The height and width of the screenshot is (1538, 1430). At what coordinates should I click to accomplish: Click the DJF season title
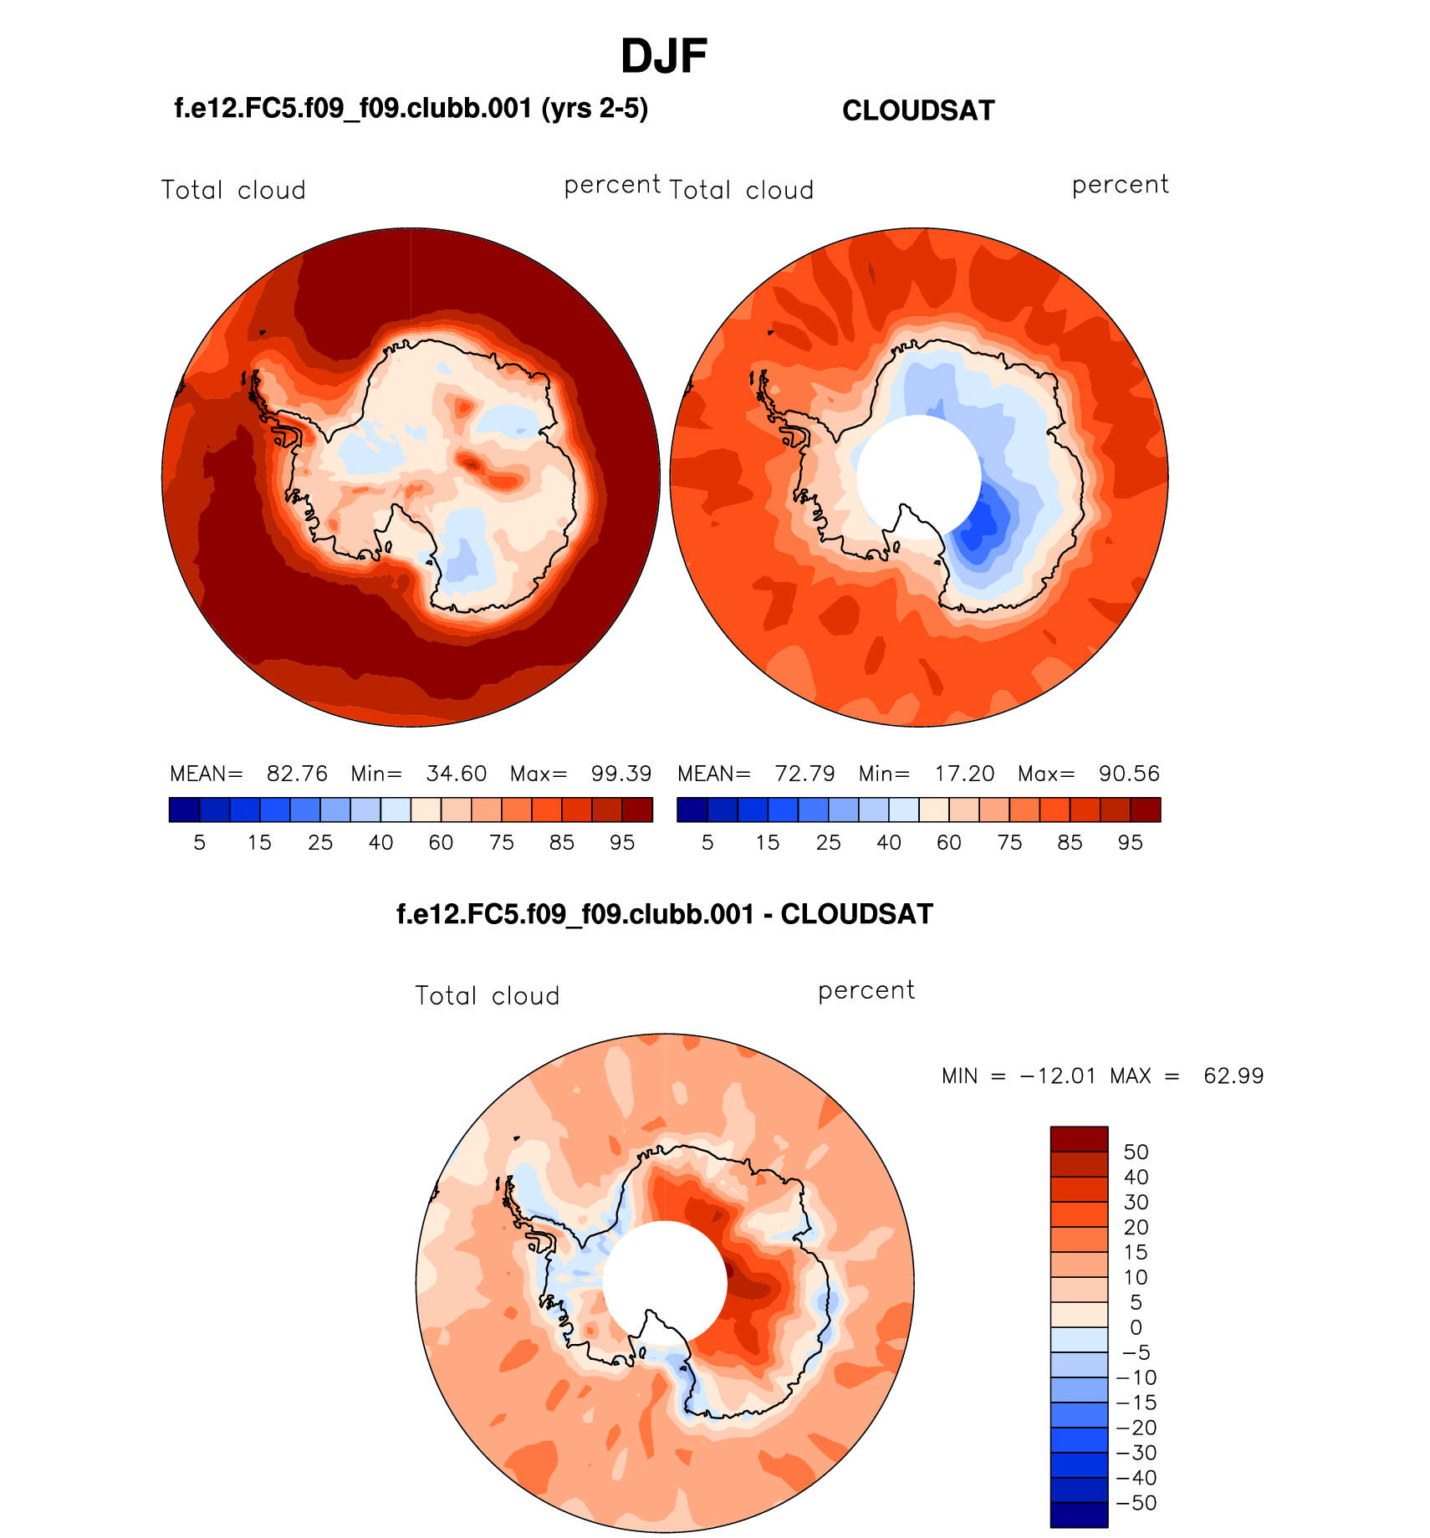tap(664, 57)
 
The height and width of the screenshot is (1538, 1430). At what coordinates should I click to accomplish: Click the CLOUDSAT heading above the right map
tap(918, 111)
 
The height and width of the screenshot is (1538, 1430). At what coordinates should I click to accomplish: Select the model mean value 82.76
tap(297, 774)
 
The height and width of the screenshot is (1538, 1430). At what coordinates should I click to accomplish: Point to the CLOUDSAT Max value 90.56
tap(1129, 774)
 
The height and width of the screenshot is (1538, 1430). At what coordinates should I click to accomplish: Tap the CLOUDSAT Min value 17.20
tap(964, 774)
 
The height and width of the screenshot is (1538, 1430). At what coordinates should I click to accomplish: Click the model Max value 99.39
tap(621, 774)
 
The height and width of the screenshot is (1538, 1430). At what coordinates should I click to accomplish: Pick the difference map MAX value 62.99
tap(1233, 1076)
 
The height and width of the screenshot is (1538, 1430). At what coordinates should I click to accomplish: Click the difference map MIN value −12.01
tap(1058, 1076)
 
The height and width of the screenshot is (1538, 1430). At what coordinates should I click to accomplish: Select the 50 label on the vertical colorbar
tap(1136, 1152)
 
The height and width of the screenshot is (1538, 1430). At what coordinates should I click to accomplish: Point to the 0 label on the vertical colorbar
tap(1136, 1327)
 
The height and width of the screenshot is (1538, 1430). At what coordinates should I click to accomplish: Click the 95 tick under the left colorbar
tap(622, 843)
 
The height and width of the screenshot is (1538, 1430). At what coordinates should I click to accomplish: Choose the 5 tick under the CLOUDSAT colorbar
tap(707, 843)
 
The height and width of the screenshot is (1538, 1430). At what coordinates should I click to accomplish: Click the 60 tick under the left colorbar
tap(441, 843)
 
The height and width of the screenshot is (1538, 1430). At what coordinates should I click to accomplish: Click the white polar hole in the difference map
tap(664, 1281)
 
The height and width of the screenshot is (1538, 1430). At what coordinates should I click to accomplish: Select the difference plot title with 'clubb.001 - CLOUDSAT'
tap(664, 914)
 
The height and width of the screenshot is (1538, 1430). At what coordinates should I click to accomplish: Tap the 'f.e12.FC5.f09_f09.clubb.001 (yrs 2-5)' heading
tap(411, 109)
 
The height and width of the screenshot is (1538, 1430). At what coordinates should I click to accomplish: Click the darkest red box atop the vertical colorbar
tap(1079, 1139)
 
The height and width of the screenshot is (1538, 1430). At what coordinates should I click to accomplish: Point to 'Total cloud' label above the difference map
tap(487, 996)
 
